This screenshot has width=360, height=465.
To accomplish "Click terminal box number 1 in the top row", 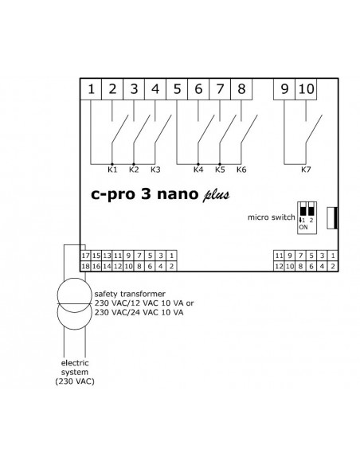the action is [91, 89].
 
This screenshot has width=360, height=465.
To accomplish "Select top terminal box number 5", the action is [177, 89].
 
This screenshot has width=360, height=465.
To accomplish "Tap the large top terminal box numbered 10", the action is [306, 89].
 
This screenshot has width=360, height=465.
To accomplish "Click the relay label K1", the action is [112, 170].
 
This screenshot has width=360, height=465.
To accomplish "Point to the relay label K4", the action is [198, 170].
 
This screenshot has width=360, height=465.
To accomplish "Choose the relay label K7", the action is [306, 170].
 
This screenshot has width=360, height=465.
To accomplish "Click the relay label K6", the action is [241, 170].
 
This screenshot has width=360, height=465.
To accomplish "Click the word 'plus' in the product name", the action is [216, 195].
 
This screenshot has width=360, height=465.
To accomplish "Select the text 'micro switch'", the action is [272, 217].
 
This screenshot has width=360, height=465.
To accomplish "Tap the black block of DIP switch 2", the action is [311, 210].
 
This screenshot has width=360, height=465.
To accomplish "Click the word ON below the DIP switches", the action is [303, 228].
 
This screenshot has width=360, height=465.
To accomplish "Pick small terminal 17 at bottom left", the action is [85, 256].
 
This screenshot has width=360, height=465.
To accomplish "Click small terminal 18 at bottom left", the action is [85, 266].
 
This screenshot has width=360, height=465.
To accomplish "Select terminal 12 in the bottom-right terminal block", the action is [279, 266].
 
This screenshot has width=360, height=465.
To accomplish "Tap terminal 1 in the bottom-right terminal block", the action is [333, 256].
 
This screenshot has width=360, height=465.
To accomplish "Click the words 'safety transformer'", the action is [130, 294].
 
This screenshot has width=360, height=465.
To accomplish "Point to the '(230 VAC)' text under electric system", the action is [75, 381].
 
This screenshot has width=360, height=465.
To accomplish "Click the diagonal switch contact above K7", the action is [314, 130].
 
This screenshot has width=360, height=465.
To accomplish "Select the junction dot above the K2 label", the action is [134, 164].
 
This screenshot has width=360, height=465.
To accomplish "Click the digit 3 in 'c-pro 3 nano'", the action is [146, 193].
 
